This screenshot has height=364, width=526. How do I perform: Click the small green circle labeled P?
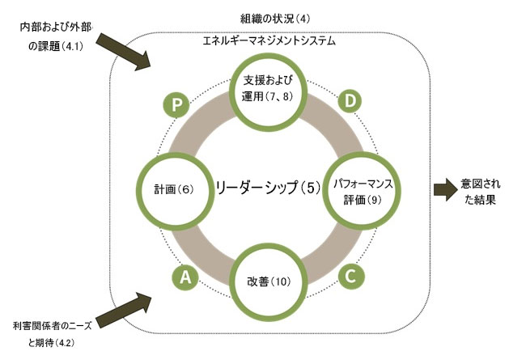176,104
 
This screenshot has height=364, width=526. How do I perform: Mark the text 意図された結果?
480,191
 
